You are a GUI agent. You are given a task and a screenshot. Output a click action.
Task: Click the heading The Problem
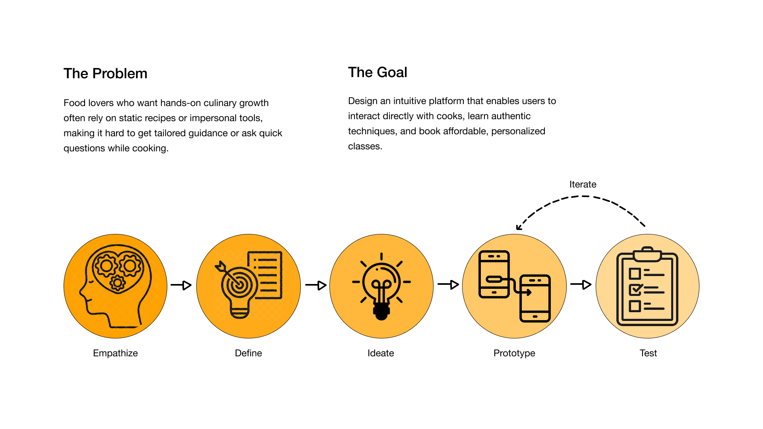point(105,73)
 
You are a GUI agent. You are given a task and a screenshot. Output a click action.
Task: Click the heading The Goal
point(378,72)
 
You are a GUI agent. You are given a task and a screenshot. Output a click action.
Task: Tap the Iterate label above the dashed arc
point(583,184)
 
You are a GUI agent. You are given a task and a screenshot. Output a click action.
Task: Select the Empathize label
point(115,353)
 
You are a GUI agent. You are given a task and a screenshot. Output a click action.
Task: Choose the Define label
point(248,353)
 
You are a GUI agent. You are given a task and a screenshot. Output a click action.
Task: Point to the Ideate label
point(381,353)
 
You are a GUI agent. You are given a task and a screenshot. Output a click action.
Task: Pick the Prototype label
point(514,353)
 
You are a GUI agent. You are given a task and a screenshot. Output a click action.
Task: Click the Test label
point(648,353)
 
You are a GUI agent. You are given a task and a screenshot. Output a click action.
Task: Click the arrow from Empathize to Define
point(181,285)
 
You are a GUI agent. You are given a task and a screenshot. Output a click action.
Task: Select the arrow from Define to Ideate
point(316,285)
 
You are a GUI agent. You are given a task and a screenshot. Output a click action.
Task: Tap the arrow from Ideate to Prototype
point(448,284)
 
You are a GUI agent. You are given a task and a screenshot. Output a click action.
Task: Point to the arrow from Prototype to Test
point(581,284)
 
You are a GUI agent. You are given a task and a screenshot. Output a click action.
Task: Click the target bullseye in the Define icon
point(239,284)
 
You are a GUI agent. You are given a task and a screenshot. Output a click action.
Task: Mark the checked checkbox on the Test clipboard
point(635,290)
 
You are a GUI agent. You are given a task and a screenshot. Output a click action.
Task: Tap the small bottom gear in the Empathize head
point(118,283)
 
